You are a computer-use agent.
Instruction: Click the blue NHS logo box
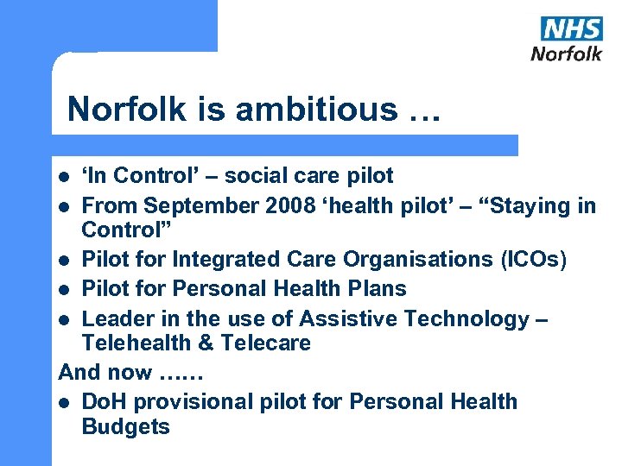[571, 28]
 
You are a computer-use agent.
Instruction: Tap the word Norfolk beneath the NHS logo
[566, 54]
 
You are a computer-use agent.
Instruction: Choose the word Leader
[117, 318]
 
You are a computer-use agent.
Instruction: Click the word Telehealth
[136, 343]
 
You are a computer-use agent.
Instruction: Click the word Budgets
[125, 426]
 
